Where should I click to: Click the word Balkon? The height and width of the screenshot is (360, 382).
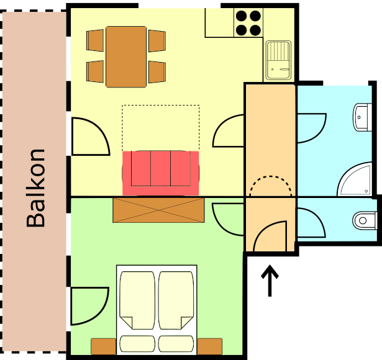pyautogui.click(x=35, y=188)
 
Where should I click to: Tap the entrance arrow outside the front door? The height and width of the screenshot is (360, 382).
pyautogui.click(x=270, y=281)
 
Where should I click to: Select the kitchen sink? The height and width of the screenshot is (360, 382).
pyautogui.click(x=278, y=60)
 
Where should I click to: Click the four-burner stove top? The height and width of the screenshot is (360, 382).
pyautogui.click(x=248, y=22)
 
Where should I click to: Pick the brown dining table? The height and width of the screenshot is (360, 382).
pyautogui.click(x=126, y=56)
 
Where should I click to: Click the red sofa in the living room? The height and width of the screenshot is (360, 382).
pyautogui.click(x=160, y=173)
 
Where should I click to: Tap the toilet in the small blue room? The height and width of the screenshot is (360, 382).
pyautogui.click(x=365, y=220)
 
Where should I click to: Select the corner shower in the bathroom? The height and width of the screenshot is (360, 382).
pyautogui.click(x=355, y=179)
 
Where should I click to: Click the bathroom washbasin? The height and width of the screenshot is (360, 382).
pyautogui.click(x=363, y=117)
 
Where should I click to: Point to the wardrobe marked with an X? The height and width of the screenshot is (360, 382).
pyautogui.click(x=158, y=210)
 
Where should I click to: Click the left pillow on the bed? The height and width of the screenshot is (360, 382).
pyautogui.click(x=137, y=344)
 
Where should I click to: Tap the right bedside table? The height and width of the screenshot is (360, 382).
pyautogui.click(x=210, y=346)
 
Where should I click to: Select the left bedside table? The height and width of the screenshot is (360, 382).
pyautogui.click(x=103, y=346)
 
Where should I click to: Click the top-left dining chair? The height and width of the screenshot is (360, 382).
pyautogui.click(x=95, y=40)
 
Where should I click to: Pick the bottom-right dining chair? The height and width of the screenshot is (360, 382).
pyautogui.click(x=157, y=72)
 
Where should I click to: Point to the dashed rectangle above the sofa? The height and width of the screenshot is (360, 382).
pyautogui.click(x=161, y=105)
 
